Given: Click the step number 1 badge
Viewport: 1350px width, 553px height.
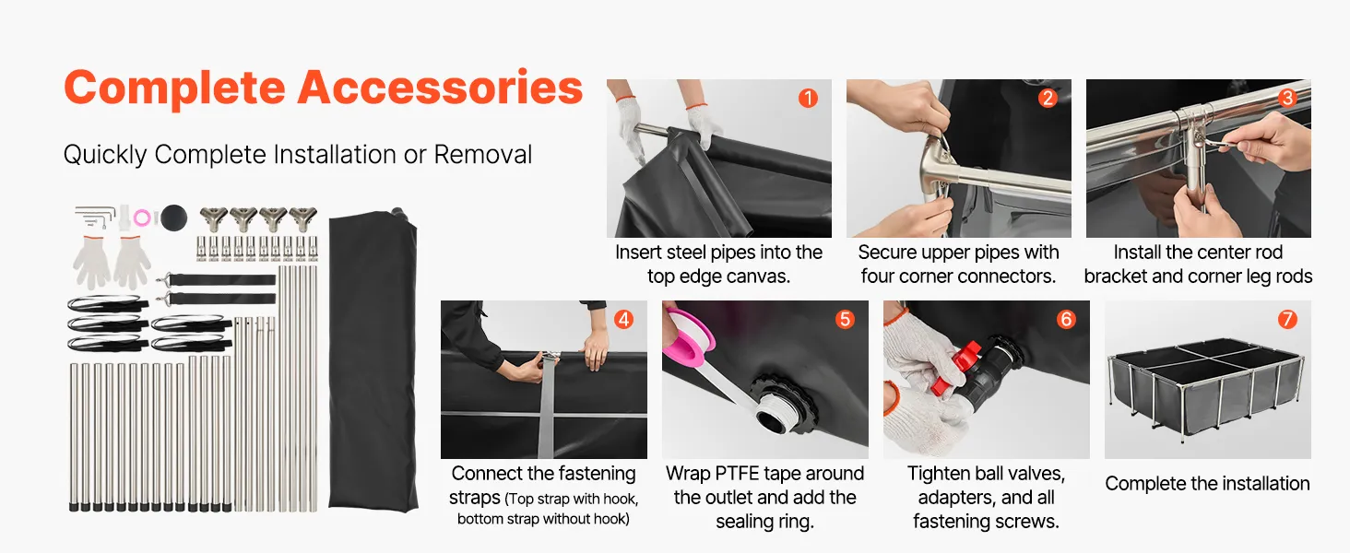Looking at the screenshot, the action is tap(808, 98).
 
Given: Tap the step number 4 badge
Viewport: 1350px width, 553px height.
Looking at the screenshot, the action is tap(623, 319).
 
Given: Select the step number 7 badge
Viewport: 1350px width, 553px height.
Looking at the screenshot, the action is tap(1287, 319).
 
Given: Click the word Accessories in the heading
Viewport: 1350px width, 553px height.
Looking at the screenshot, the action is tap(440, 88).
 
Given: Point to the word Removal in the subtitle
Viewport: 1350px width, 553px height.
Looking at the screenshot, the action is tap(483, 154).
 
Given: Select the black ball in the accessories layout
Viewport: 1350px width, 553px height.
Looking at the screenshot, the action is tap(173, 218).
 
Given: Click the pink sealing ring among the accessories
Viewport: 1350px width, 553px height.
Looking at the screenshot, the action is tap(142, 218).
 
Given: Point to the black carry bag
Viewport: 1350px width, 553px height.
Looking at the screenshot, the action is tap(373, 360).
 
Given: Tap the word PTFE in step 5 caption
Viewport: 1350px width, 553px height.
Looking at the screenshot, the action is tap(739, 474).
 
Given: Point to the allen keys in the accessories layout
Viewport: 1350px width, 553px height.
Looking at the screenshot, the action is tap(95, 217).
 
